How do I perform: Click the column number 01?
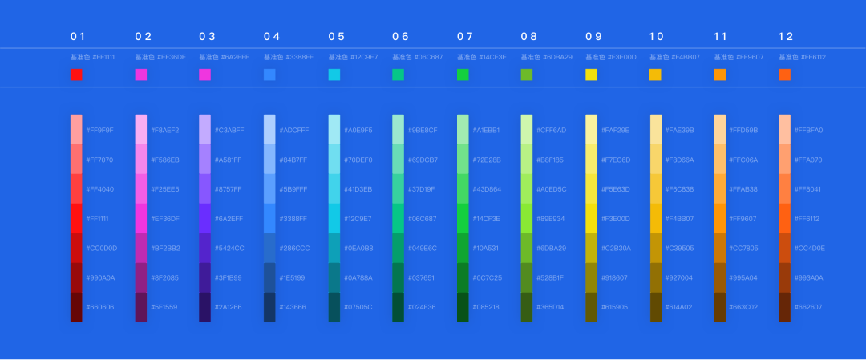click(78, 37)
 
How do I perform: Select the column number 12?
click(785, 37)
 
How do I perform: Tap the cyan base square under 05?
click(334, 75)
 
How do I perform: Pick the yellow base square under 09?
click(592, 75)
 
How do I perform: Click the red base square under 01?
click(76, 75)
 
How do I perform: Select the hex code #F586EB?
click(164, 160)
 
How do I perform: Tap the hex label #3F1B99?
click(229, 277)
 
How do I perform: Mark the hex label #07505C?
click(358, 307)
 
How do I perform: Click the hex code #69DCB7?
click(423, 160)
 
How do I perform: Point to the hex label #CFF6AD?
click(551, 130)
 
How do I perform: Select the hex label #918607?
click(615, 277)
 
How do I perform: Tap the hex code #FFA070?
click(808, 160)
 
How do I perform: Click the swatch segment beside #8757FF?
click(205, 189)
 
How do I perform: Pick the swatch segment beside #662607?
click(785, 307)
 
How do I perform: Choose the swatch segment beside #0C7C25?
click(463, 277)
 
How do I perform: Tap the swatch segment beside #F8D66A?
click(656, 160)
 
